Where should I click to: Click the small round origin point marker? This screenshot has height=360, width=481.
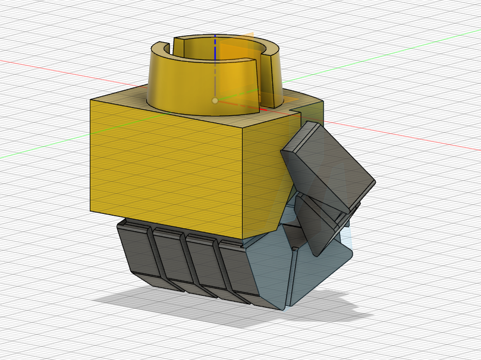(x=215, y=100)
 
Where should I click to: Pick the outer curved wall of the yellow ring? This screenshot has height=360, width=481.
(x=178, y=83)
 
